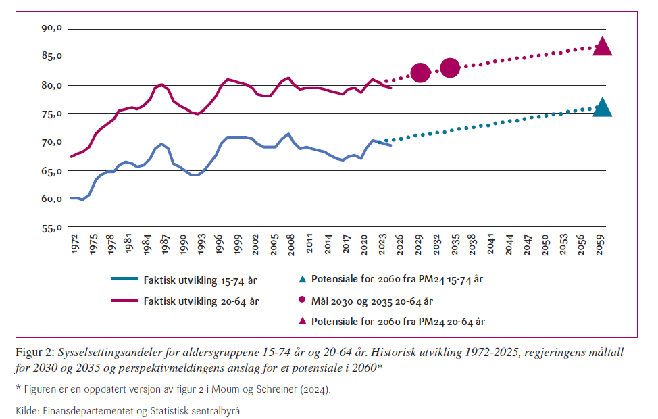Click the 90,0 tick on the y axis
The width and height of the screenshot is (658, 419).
tap(51, 28)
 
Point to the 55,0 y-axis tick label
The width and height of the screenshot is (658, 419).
tap(51, 228)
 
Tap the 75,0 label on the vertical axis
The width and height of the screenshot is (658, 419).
tap(51, 114)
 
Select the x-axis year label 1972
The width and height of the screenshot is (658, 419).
tap(74, 244)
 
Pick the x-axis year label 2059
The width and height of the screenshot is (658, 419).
tap(600, 244)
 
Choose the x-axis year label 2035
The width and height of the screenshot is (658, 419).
tap(455, 244)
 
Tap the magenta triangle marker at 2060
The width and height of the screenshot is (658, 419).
tap(602, 47)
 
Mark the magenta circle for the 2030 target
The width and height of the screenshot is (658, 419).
tap(420, 72)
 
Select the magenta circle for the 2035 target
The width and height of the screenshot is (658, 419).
tap(451, 68)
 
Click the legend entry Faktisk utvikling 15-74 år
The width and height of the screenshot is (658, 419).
tap(200, 278)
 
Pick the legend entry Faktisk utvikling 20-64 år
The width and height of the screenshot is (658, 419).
tap(200, 301)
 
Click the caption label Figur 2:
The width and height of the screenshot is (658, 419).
tap(35, 353)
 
